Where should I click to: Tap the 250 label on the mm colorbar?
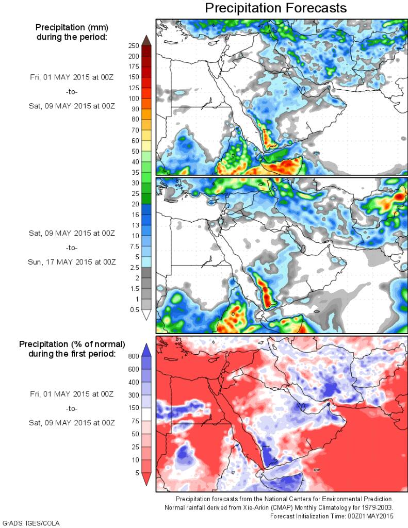pyautogui.click(x=133, y=45)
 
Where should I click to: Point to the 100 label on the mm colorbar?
pyautogui.click(x=133, y=98)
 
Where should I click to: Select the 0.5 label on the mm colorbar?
pyautogui.click(x=135, y=309)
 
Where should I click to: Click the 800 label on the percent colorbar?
pyautogui.click(x=134, y=356)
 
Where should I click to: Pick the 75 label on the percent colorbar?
pyautogui.click(x=135, y=421)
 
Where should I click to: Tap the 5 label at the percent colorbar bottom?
pyautogui.click(x=137, y=473)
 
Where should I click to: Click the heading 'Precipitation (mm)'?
pyautogui.click(x=71, y=27)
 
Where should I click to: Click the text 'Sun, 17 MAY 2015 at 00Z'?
pyautogui.click(x=72, y=262)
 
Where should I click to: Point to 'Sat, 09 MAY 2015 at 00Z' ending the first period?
pyautogui.click(x=72, y=106)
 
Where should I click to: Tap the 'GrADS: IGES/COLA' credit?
pyautogui.click(x=31, y=523)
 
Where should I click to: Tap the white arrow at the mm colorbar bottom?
pyautogui.click(x=146, y=315)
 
